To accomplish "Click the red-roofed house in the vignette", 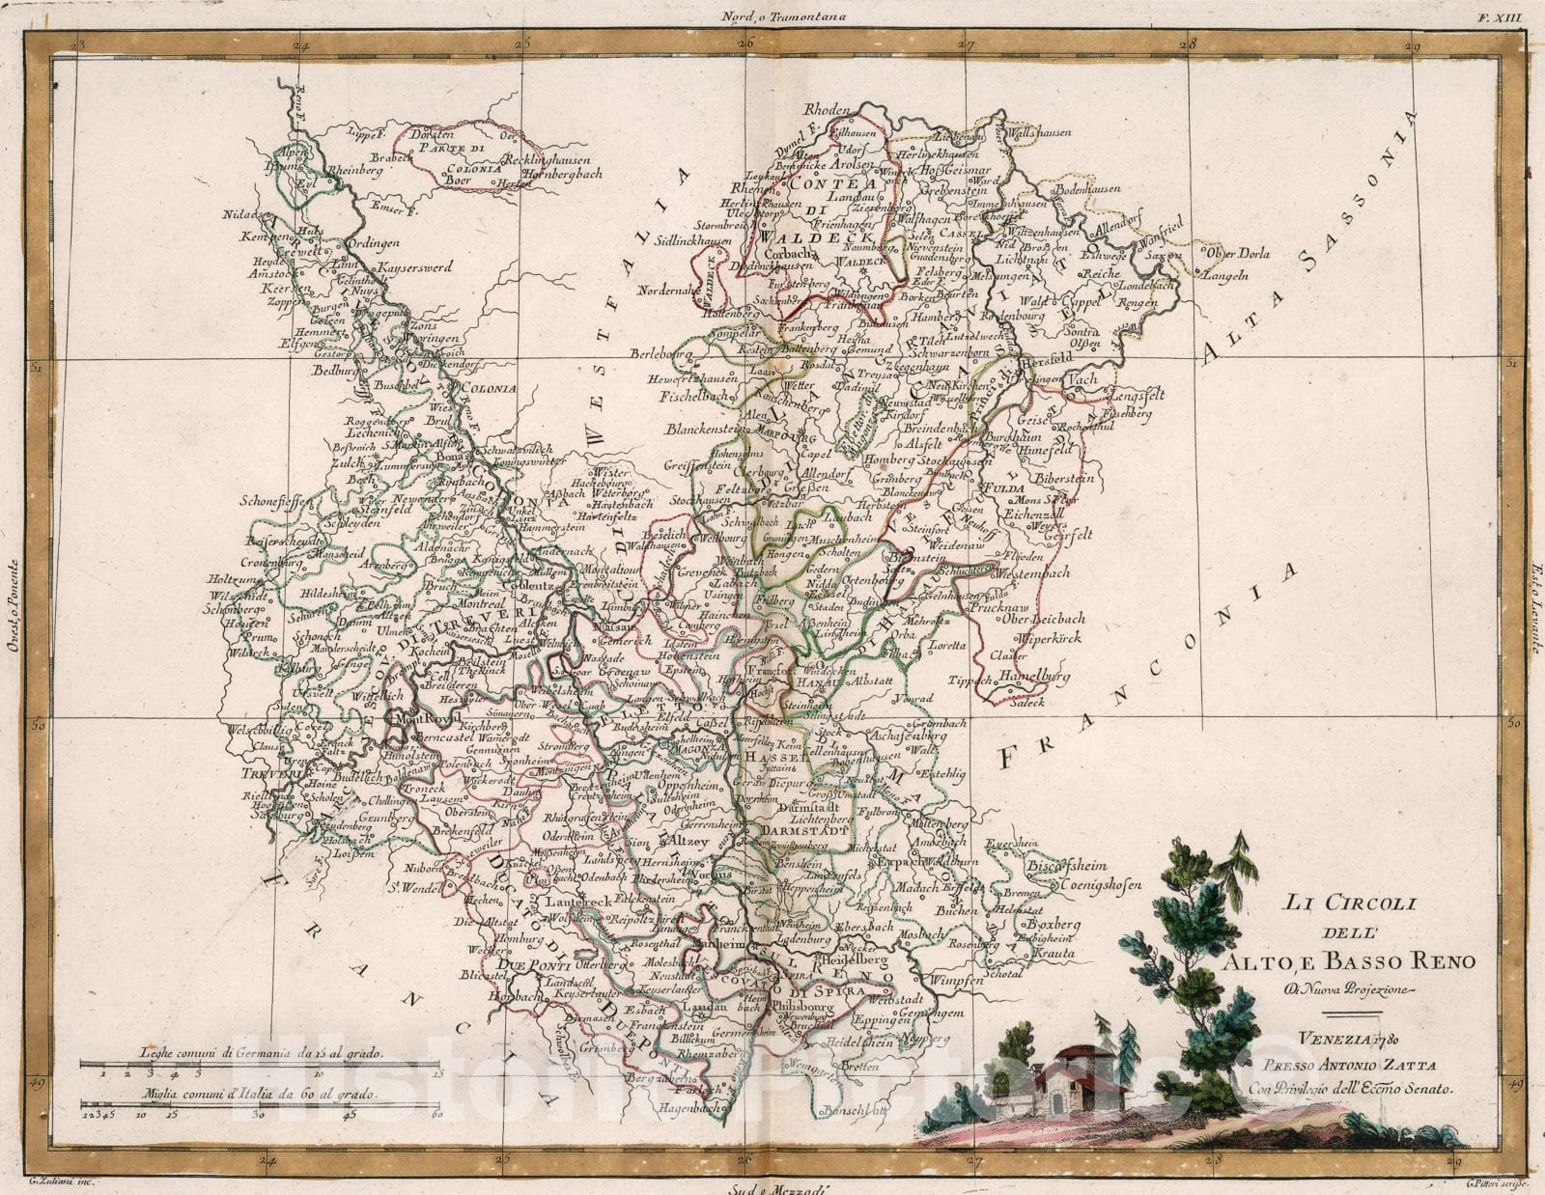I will pos(1072,1083).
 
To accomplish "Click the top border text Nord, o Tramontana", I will pos(769,14).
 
